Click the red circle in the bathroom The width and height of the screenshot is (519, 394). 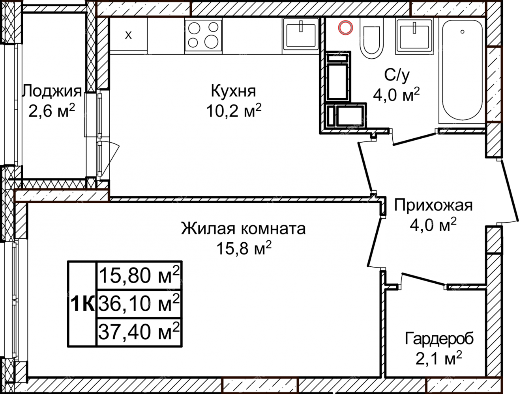click(x=345, y=28)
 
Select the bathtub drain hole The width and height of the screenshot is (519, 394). click(x=462, y=32)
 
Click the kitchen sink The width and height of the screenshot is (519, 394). click(x=301, y=36)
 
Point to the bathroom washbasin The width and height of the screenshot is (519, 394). click(x=414, y=36)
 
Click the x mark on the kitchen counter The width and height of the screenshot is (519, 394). click(x=128, y=35)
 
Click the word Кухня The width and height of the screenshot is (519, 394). click(x=233, y=91)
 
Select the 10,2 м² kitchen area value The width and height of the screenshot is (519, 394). click(x=234, y=111)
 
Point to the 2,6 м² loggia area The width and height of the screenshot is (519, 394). click(x=52, y=111)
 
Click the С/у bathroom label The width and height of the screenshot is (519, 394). click(x=397, y=75)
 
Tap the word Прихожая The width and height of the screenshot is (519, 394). click(x=433, y=206)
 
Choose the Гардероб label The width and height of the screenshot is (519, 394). click(x=440, y=339)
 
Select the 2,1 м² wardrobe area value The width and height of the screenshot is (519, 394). click(x=438, y=359)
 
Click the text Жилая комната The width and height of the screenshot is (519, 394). click(x=243, y=229)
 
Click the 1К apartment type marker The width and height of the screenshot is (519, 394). click(x=82, y=304)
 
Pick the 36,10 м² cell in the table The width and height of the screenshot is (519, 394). click(x=139, y=304)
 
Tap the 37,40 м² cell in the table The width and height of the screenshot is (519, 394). click(x=139, y=332)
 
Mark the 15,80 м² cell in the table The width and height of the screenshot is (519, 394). click(x=139, y=275)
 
